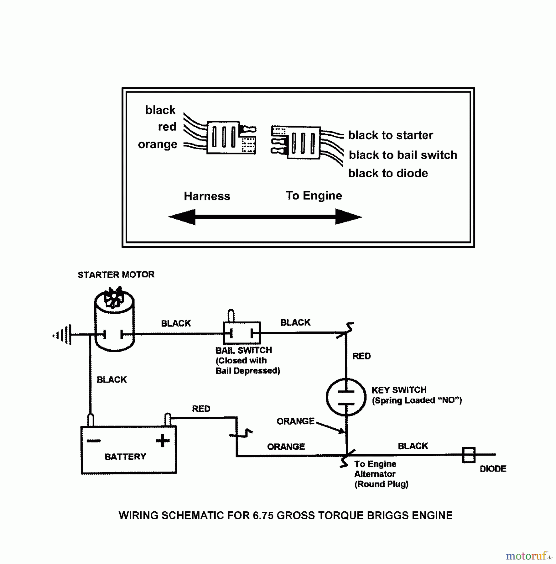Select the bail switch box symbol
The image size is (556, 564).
point(242,333)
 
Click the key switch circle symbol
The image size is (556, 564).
point(346,397)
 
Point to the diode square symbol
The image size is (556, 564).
point(469,455)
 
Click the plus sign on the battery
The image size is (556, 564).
point(163,441)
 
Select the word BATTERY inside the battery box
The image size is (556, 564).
point(125,457)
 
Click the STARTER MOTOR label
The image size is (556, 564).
point(116,275)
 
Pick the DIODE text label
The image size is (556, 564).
point(493,469)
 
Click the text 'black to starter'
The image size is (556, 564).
point(391,135)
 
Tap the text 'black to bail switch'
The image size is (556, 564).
point(403,155)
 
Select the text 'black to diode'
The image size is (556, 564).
point(388,173)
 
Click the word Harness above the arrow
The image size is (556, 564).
point(207,196)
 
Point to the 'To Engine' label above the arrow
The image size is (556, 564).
point(314,196)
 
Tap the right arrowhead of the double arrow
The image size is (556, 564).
point(348,217)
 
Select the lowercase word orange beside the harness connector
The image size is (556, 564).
point(158,144)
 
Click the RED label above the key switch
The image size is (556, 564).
point(361,356)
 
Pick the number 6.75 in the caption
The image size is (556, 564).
point(263,515)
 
